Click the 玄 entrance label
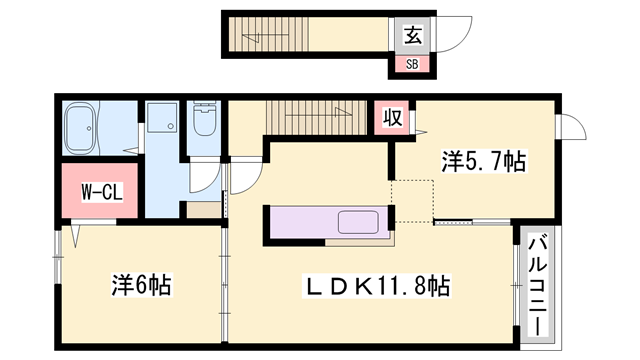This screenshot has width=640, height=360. (x=412, y=35)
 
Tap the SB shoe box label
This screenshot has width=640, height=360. (x=412, y=64)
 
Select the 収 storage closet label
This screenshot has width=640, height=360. (x=392, y=118)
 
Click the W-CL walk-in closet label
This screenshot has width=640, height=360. (x=102, y=192)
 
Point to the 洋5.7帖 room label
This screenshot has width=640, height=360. (x=484, y=161)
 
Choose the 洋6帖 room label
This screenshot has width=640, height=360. (x=142, y=284)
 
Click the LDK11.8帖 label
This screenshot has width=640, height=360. (x=376, y=285)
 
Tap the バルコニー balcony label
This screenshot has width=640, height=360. (x=538, y=287)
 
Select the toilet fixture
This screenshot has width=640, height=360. (x=204, y=118)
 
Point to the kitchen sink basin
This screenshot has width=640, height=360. (x=358, y=222)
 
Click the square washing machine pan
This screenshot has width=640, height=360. (x=162, y=118)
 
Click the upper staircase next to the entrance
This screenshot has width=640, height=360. (x=268, y=34)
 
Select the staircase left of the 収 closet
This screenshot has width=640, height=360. (x=316, y=118)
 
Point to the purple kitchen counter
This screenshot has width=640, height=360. (x=329, y=222)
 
